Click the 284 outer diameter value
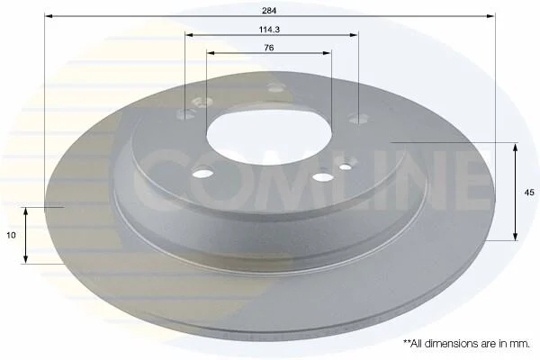[269, 11]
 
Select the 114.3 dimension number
[269, 30]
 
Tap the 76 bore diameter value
[269, 48]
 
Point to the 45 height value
[529, 193]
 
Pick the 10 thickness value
[12, 235]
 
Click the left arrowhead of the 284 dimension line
[49, 16]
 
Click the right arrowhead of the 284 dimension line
[490, 16]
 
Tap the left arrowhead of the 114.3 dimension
[189, 35]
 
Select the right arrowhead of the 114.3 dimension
[354, 35]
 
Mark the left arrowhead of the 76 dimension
[211, 53]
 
